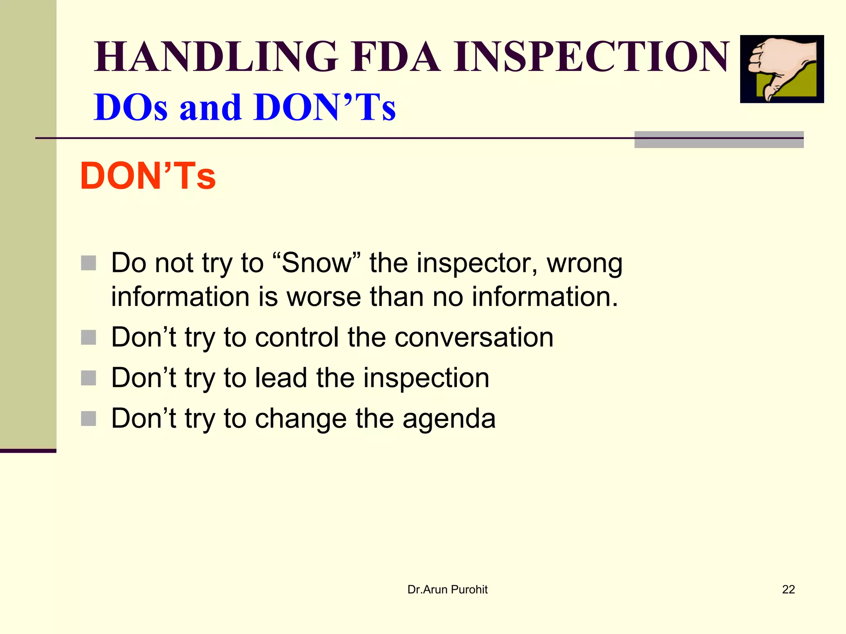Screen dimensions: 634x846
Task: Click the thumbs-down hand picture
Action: point(782,69)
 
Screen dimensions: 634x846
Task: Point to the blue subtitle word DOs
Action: point(131,107)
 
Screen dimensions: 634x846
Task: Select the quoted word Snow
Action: point(316,263)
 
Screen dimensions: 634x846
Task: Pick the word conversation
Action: point(474,337)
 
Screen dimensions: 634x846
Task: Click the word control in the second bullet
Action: point(297,337)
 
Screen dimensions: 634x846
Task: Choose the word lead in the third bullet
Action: point(281,378)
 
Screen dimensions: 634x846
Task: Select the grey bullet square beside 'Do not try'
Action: point(88,263)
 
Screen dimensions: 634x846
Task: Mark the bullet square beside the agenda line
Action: point(88,419)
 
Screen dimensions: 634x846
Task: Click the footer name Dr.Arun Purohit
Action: point(447,589)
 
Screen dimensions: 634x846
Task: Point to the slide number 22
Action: point(788,589)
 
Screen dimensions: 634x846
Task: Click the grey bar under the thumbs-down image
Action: point(719,140)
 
